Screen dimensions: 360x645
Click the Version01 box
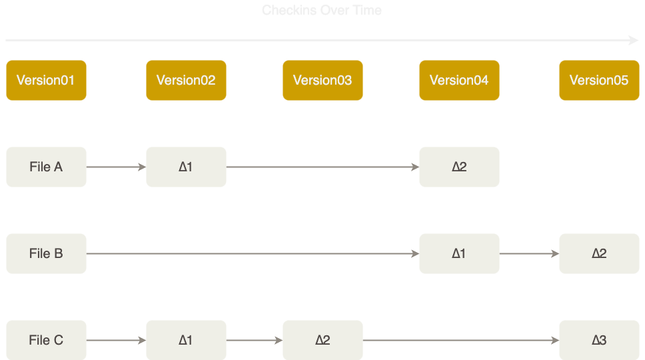point(46,80)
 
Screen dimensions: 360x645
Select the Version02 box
point(186,80)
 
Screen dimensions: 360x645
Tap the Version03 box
point(322,80)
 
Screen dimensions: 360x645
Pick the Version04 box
point(459,80)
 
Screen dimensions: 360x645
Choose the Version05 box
point(599,80)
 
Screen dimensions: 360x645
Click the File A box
point(46,167)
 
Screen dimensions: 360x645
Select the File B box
point(46,253)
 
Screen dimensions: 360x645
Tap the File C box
point(46,340)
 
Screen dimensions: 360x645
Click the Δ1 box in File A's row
point(186,167)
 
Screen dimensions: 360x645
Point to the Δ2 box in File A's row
point(459,167)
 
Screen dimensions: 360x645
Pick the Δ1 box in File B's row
point(459,253)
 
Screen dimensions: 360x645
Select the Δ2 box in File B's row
point(599,253)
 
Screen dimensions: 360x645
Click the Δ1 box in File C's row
point(186,340)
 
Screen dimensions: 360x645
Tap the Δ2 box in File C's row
point(322,340)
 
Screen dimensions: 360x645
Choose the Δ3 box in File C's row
point(599,340)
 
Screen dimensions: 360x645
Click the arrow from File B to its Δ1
point(253,253)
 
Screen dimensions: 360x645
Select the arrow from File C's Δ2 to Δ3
point(460,340)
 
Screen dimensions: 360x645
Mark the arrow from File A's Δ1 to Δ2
point(322,167)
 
